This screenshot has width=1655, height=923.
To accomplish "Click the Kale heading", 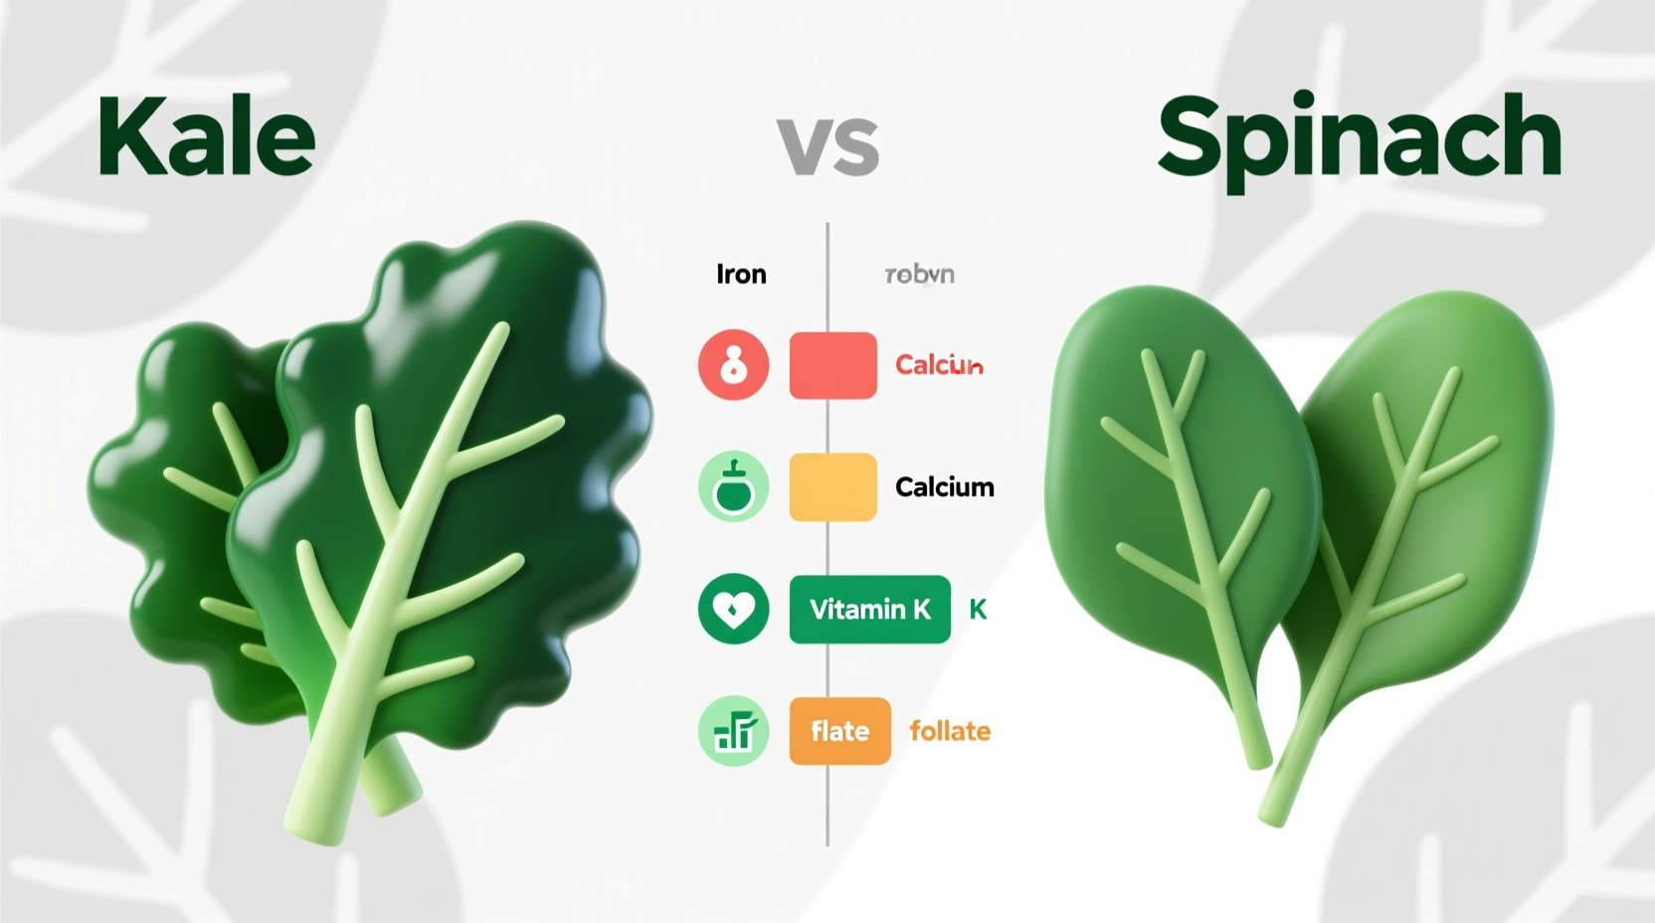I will (207, 138).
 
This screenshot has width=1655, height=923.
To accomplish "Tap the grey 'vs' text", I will (827, 146).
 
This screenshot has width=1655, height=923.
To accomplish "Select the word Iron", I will (741, 275).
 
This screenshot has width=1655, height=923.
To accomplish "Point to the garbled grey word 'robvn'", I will (920, 275).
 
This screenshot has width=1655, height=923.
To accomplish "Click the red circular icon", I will (734, 365).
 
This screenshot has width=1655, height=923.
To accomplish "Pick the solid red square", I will (832, 365).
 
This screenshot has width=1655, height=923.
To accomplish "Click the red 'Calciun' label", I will (939, 365).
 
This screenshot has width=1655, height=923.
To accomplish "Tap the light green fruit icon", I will (734, 486).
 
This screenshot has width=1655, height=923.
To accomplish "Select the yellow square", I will (832, 486).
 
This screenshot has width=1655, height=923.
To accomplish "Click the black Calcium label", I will (944, 486).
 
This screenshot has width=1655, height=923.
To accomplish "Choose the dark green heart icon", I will (734, 609).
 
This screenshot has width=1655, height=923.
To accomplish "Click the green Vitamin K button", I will (869, 609).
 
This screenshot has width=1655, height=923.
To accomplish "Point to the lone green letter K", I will (978, 610).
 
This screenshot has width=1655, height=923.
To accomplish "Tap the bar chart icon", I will (734, 731).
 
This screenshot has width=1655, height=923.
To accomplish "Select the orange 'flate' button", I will (839, 731).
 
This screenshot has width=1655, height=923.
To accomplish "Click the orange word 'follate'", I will (950, 731).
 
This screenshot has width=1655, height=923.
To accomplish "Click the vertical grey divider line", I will (827, 796).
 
